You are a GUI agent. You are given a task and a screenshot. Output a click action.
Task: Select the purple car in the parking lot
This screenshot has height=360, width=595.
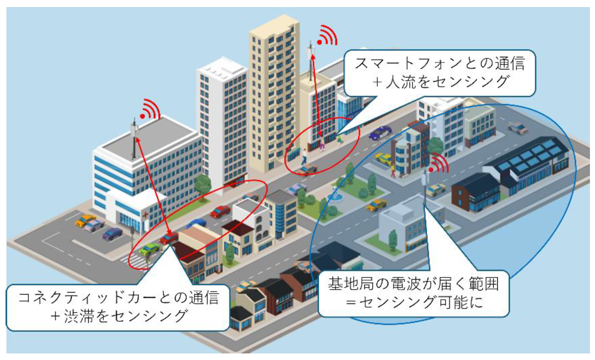[112, 233]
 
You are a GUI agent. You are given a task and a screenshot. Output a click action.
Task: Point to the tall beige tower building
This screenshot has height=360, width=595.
[272, 96]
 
